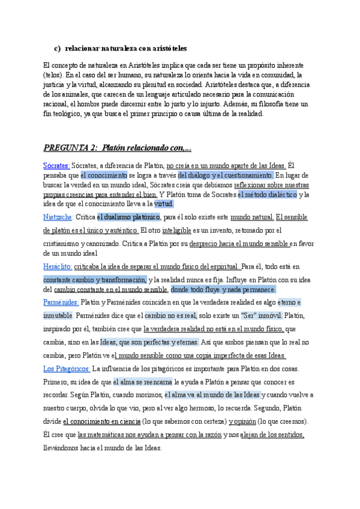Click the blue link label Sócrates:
point(56,166)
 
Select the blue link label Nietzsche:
point(58,217)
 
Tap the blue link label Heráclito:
point(58,266)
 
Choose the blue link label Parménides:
point(61,302)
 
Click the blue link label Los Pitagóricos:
point(67,369)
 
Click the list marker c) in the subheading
point(58,48)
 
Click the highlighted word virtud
point(164,204)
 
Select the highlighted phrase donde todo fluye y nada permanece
point(223,289)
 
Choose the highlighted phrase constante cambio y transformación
point(95,279)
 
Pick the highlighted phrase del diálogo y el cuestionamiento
point(225,175)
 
